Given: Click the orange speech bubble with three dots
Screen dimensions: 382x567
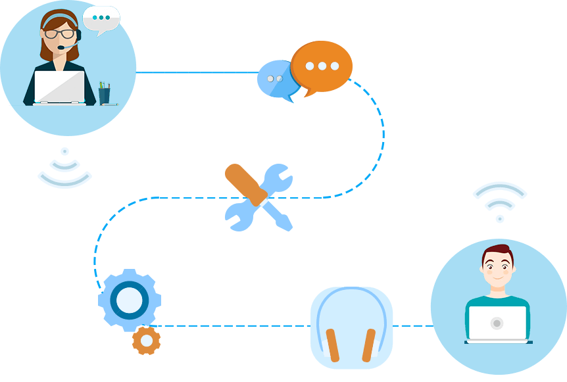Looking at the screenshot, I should tap(322, 66).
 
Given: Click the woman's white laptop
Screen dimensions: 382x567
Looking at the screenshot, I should tap(59, 87).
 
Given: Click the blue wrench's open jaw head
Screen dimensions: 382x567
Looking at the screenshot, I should tap(278, 176).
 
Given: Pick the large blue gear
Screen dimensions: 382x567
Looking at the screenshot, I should tap(129, 300).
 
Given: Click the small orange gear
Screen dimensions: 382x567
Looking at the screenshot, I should tap(146, 341).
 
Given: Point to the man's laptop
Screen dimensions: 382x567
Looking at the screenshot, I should tap(497, 323).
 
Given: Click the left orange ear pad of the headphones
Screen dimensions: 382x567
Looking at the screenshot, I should tap(333, 345).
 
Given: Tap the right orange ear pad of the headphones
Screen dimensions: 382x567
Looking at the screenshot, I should tap(368, 345).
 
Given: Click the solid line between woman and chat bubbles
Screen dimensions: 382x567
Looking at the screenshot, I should tap(197, 72).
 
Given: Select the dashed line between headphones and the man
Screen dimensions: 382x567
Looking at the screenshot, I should tap(412, 325).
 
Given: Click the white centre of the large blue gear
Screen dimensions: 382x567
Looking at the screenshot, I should tap(129, 300).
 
